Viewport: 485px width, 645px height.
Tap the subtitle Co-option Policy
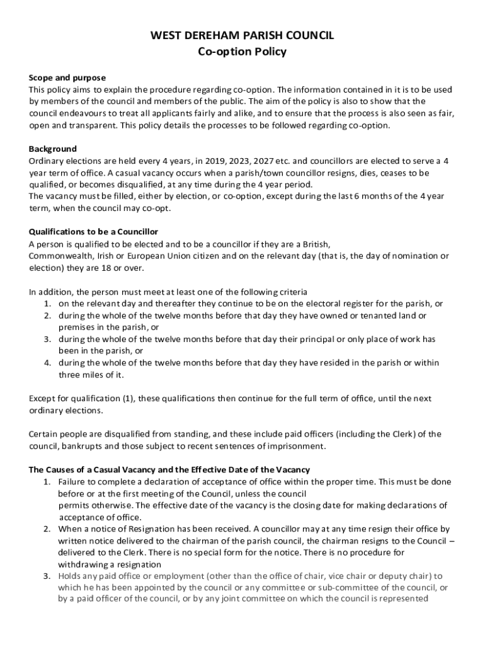pos(242,52)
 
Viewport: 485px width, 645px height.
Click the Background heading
pos(53,149)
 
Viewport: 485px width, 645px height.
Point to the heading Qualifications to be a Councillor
pos(93,232)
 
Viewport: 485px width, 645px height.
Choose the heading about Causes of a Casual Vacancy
pos(169,470)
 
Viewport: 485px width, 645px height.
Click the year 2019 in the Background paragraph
pos(207,161)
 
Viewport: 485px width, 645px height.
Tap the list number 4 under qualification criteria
pos(48,363)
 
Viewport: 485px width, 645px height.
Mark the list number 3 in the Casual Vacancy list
pos(47,576)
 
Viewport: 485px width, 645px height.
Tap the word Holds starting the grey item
pos(70,576)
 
